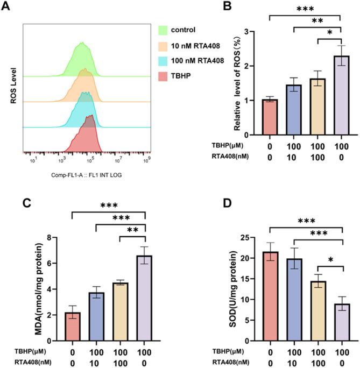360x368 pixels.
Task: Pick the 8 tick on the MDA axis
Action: coord(64,238)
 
